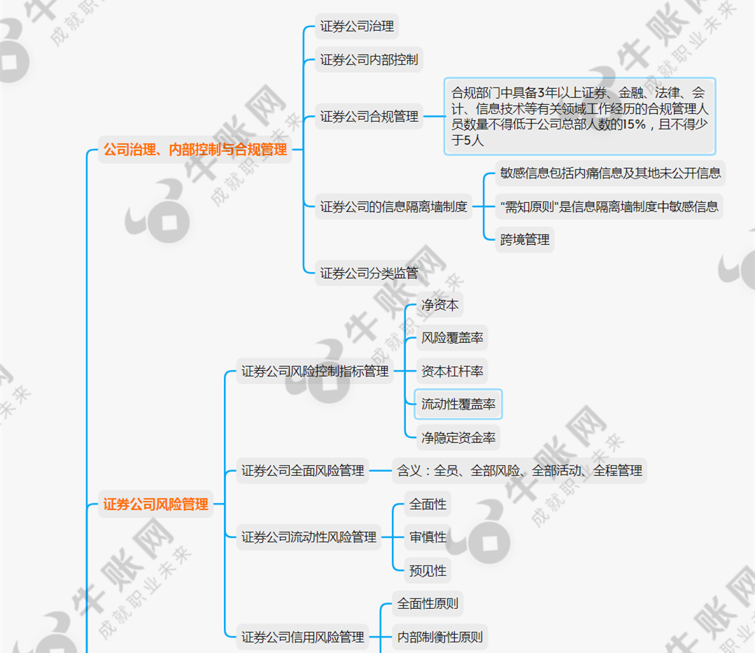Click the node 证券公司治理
tap(357, 26)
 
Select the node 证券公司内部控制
tap(369, 59)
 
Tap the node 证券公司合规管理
tap(369, 117)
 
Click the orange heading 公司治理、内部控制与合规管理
tap(195, 150)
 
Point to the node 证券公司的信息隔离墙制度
tap(393, 207)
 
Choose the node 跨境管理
tap(525, 240)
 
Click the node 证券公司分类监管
tap(369, 274)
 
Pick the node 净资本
tap(439, 305)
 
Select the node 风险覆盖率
tap(452, 338)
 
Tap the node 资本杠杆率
tap(452, 371)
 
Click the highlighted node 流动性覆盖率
tap(458, 404)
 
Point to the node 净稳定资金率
tap(458, 437)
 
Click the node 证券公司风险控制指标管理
tap(315, 371)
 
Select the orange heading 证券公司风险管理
tap(155, 504)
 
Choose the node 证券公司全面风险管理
tap(302, 470)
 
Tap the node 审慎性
tap(428, 537)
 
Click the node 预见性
tap(428, 570)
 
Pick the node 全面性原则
tap(428, 603)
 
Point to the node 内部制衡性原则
tap(439, 637)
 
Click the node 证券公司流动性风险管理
tap(309, 537)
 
